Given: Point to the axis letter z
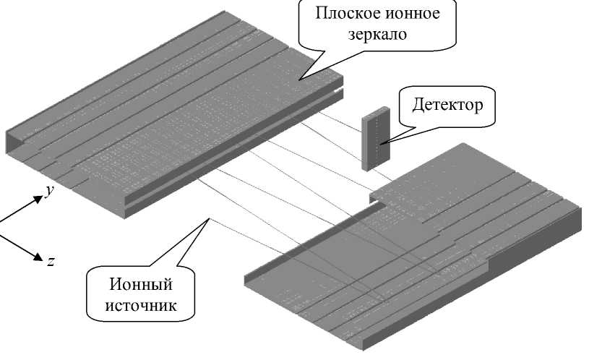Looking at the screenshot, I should (x=51, y=260).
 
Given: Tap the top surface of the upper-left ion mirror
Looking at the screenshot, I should (x=166, y=87).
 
